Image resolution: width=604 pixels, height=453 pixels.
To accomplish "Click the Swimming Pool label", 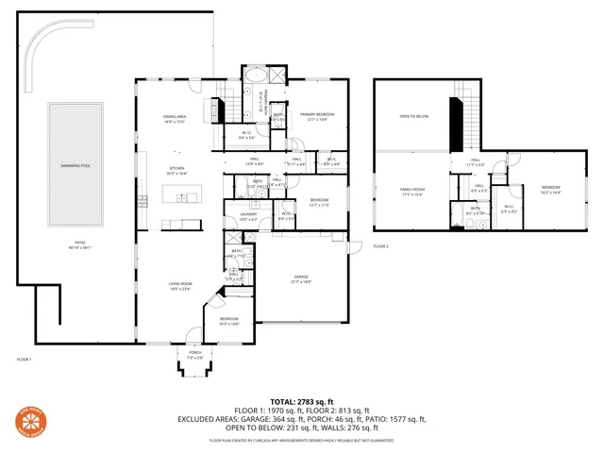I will pyautogui.click(x=75, y=165).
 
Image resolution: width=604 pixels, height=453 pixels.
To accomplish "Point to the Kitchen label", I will pyautogui.click(x=176, y=172).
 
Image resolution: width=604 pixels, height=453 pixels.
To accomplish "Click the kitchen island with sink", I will pyautogui.click(x=180, y=196).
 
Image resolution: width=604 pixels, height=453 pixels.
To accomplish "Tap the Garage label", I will pyautogui.click(x=300, y=278).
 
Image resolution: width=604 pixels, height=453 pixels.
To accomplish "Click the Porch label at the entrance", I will pyautogui.click(x=195, y=357).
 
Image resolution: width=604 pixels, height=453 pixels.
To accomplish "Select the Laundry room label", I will pyautogui.click(x=248, y=216).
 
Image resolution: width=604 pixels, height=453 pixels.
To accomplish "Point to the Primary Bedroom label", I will pyautogui.click(x=318, y=117).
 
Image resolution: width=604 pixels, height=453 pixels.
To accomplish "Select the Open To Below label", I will pyautogui.click(x=414, y=117).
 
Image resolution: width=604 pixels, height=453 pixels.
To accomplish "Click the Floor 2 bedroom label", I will pyautogui.click(x=551, y=190).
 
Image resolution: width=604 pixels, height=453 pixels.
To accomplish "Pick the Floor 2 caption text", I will pyautogui.click(x=381, y=246).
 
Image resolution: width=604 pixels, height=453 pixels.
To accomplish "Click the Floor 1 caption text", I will pyautogui.click(x=25, y=360).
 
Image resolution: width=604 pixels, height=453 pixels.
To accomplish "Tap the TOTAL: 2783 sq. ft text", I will pyautogui.click(x=301, y=402).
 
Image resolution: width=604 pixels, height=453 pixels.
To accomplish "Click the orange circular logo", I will pyautogui.click(x=33, y=421).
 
